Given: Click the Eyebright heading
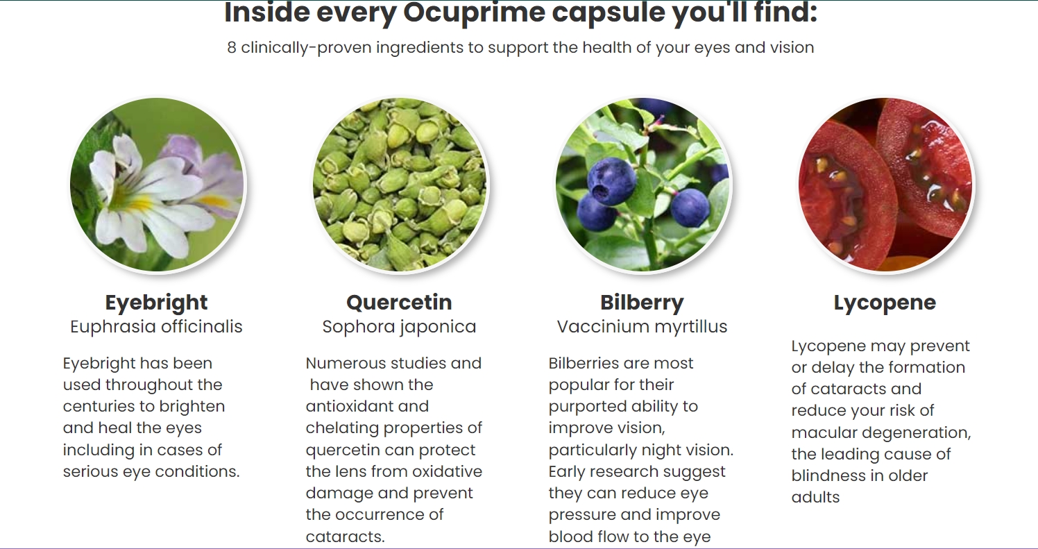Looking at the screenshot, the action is pyautogui.click(x=156, y=303).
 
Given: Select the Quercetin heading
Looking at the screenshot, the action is pyautogui.click(x=399, y=303).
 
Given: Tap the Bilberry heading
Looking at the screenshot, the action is pyautogui.click(x=642, y=303).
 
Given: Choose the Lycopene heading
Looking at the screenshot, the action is pyautogui.click(x=885, y=303).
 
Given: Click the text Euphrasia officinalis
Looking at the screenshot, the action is pyautogui.click(x=156, y=327).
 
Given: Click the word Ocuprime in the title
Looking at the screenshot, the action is pyautogui.click(x=474, y=12).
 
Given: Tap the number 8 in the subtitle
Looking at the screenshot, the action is pyautogui.click(x=232, y=47).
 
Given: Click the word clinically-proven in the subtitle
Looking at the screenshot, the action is pyautogui.click(x=306, y=47).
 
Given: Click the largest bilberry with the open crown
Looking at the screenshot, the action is pyautogui.click(x=611, y=180).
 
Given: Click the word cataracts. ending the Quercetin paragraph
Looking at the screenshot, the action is pyautogui.click(x=346, y=537).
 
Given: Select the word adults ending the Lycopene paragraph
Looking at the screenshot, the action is pyautogui.click(x=815, y=497).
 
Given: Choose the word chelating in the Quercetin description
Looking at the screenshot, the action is pyautogui.click(x=343, y=428).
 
